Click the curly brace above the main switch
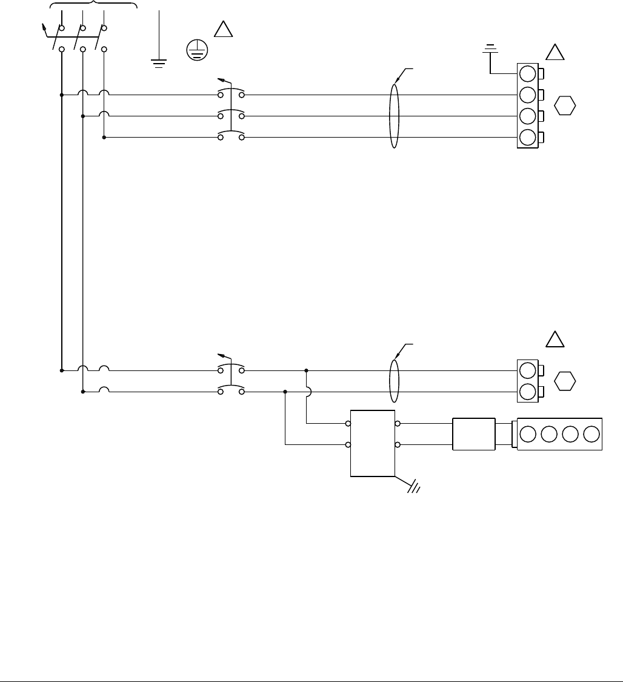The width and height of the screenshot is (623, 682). [93, 4]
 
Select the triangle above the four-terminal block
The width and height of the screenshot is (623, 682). [555, 52]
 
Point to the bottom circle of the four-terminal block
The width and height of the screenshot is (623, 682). [528, 138]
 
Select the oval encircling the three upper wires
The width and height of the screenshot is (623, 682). [394, 116]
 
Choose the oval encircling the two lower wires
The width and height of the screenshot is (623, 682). [394, 381]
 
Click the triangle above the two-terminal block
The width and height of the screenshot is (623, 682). [555, 339]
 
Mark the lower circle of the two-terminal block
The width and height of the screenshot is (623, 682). [528, 392]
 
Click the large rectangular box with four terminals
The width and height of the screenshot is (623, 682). [373, 443]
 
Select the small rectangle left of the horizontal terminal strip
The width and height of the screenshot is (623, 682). [473, 434]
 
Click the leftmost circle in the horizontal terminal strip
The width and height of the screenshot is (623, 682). [528, 434]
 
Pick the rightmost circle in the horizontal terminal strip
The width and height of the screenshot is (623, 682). [591, 434]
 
